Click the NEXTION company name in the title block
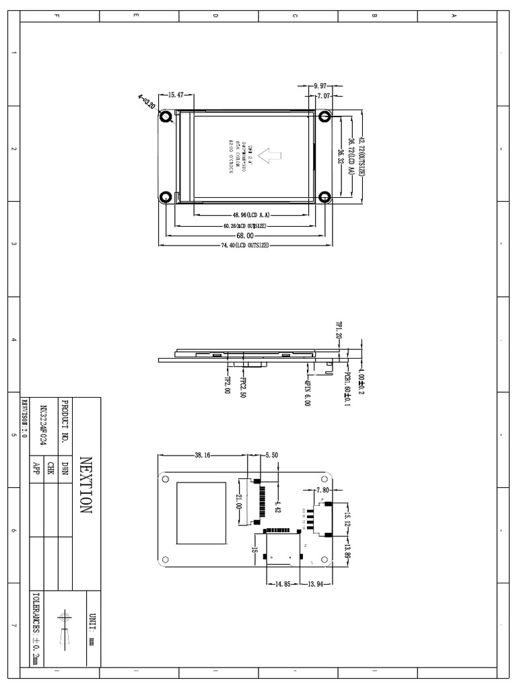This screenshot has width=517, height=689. tap(85, 485)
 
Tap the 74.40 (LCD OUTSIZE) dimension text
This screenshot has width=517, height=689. tap(245, 246)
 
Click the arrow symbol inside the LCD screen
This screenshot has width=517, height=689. tap(271, 156)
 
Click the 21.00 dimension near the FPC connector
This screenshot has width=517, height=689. tap(238, 501)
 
